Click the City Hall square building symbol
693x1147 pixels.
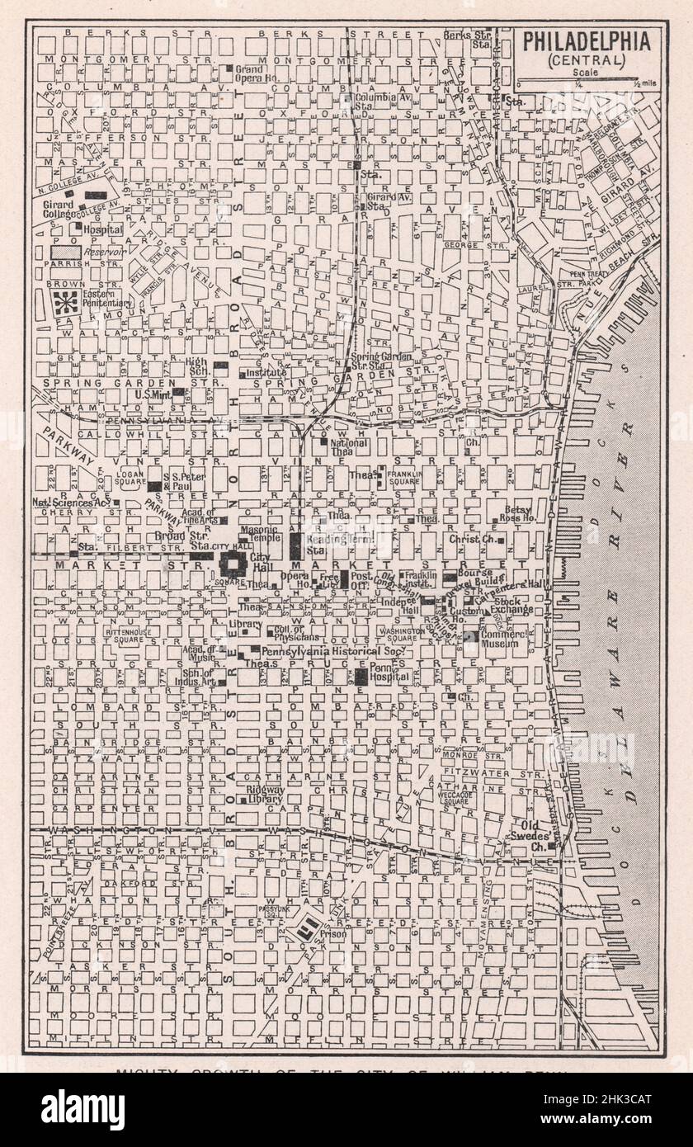[x=233, y=565]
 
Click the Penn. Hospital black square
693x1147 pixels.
[x=361, y=677]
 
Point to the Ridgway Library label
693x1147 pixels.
[x=265, y=794]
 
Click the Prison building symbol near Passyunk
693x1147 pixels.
[x=309, y=927]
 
